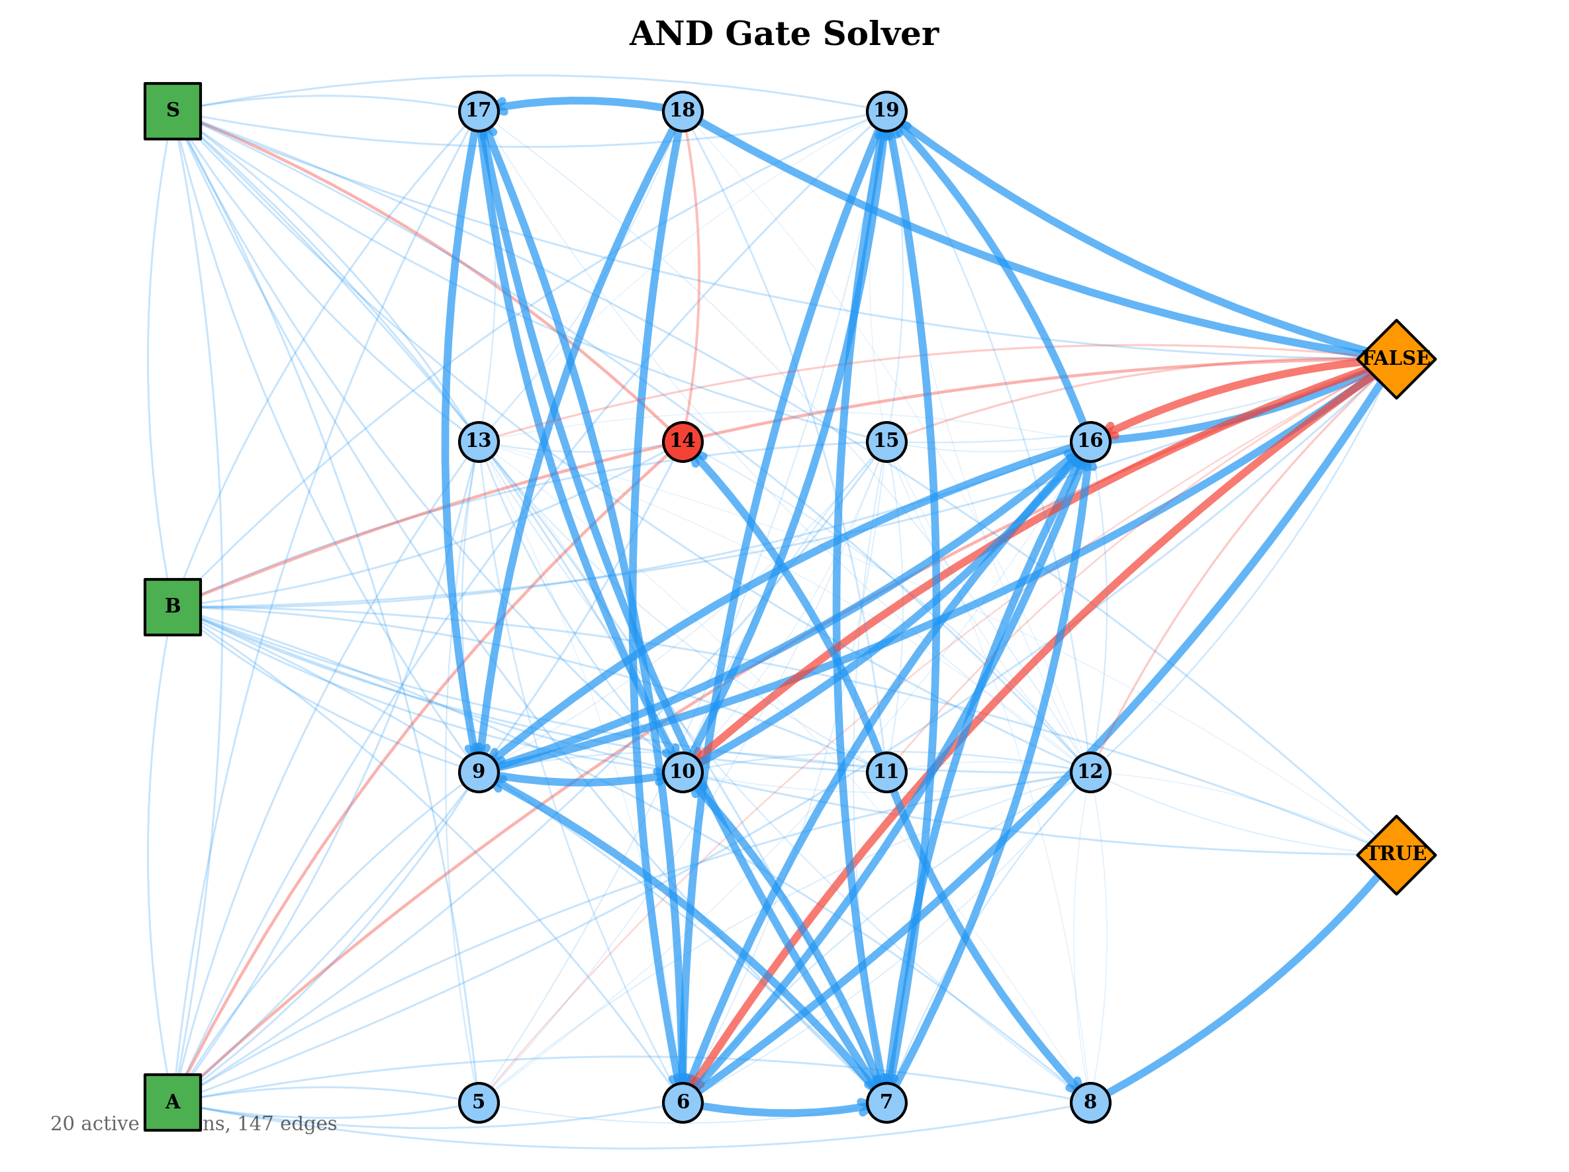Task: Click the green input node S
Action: click(173, 111)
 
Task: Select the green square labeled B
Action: click(173, 607)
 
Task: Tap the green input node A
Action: click(173, 1102)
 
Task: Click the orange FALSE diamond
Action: click(1396, 359)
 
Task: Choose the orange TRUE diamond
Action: click(1396, 855)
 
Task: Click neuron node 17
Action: click(479, 111)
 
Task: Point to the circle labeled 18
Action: click(683, 111)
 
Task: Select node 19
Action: click(886, 111)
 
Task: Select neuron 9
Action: click(479, 772)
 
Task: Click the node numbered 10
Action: click(683, 772)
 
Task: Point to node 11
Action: click(886, 772)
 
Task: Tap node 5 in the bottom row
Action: click(479, 1102)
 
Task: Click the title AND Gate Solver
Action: click(784, 34)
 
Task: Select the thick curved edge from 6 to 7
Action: click(784, 1113)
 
